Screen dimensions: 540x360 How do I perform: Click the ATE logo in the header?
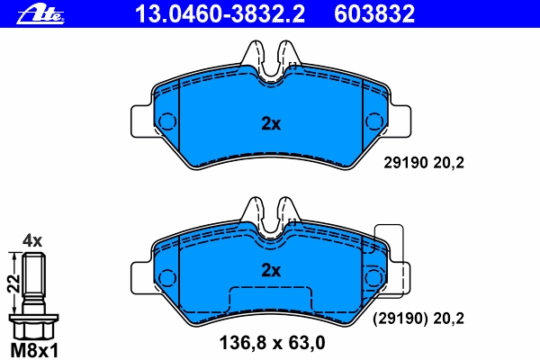point(40,14)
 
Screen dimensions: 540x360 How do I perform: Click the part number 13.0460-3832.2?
point(220,14)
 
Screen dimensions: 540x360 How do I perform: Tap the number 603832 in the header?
point(374,14)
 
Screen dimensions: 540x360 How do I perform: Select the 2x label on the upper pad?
point(271,123)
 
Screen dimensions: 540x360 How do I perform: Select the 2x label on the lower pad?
point(271,270)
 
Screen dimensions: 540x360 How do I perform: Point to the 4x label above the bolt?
point(32,241)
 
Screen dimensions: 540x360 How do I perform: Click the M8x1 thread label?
point(34,351)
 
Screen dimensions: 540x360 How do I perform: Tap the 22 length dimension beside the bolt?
point(13,283)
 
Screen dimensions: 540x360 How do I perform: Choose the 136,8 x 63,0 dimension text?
point(272,343)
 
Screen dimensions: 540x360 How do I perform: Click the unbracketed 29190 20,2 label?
point(424,163)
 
